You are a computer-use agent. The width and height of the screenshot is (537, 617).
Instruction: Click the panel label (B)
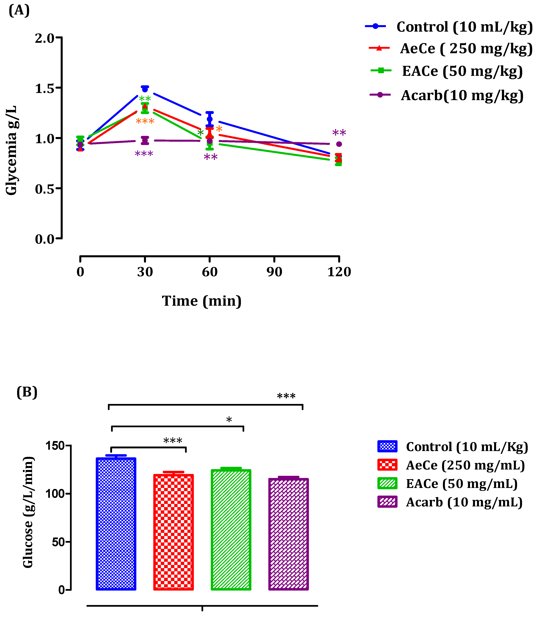coord(27,392)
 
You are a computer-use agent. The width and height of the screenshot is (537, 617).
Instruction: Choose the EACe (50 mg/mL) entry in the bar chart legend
coord(462,484)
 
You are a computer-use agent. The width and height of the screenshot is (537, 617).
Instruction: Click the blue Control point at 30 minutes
coord(145,89)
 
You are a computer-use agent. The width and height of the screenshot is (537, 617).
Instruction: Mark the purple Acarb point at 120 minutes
coord(339,144)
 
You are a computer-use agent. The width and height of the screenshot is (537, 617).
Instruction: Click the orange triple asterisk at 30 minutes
coord(145,121)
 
